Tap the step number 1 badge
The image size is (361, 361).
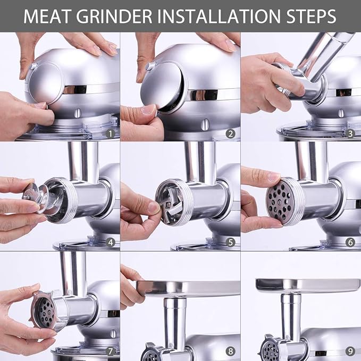click(x=110, y=133)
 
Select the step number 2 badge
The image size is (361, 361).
click(x=230, y=133)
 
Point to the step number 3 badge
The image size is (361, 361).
click(x=351, y=133)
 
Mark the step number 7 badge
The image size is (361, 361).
click(x=110, y=351)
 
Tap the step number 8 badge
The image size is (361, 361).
click(x=230, y=351)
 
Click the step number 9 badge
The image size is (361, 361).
click(x=351, y=351)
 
